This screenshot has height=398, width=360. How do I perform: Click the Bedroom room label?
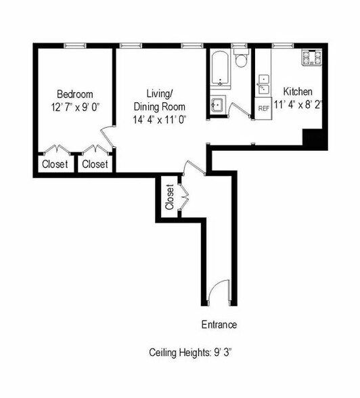[74, 94]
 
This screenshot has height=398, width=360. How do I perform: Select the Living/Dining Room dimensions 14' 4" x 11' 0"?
[159, 119]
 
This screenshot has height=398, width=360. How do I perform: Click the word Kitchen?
[298, 92]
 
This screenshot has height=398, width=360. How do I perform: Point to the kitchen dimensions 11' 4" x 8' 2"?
[298, 105]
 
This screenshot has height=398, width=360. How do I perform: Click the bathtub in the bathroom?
[219, 68]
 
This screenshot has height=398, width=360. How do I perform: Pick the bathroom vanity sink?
[217, 106]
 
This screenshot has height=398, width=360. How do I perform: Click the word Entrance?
[219, 325]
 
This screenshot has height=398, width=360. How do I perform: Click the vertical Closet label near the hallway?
[170, 197]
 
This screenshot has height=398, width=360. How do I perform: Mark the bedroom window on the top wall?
[74, 45]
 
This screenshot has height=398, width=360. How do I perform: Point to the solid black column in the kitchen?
[314, 139]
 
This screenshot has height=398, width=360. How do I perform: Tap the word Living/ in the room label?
[159, 94]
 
